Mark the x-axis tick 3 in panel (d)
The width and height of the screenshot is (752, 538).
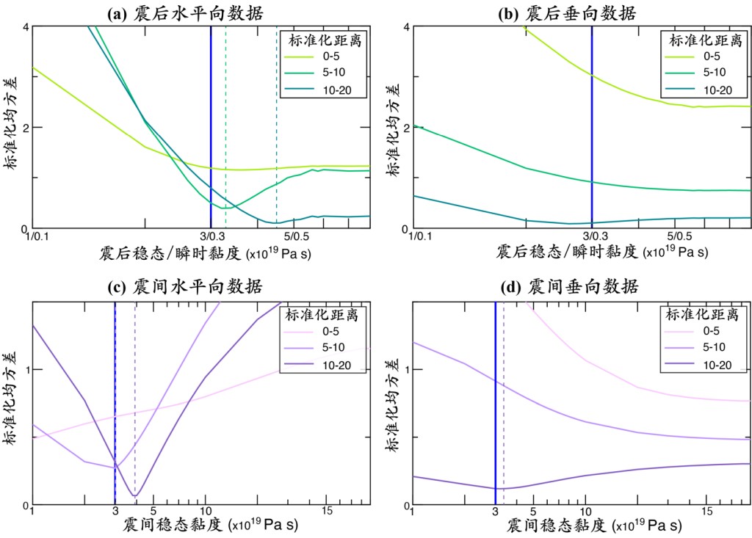point(496,512)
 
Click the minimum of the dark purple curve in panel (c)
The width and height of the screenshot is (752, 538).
point(134,495)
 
